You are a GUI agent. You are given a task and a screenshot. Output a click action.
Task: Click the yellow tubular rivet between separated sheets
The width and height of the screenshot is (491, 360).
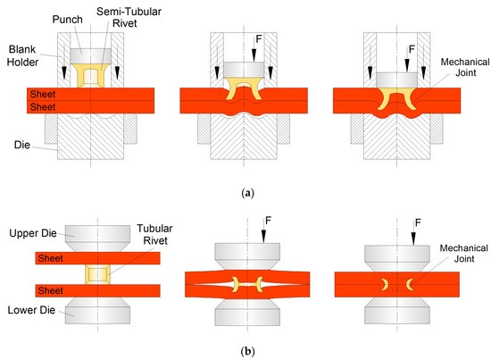[x=98, y=272]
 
